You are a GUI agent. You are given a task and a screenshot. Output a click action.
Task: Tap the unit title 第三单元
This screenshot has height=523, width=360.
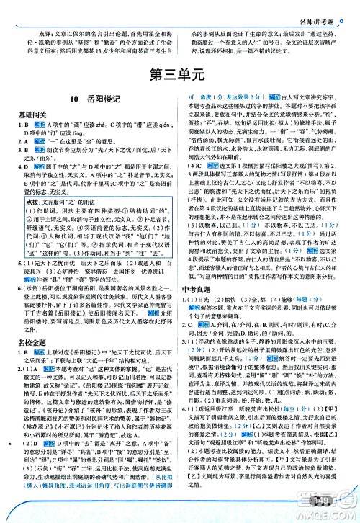click(179, 74)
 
